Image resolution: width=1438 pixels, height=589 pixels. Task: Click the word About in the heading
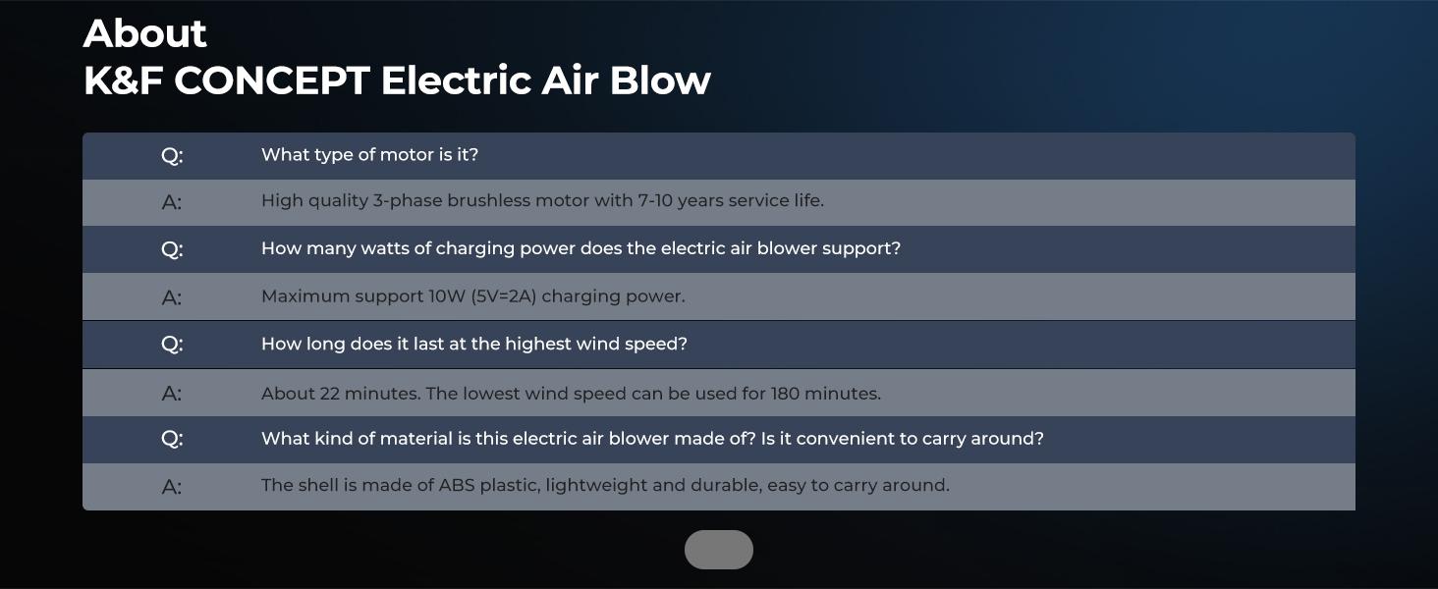point(145,33)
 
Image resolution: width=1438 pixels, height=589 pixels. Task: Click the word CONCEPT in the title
point(271,80)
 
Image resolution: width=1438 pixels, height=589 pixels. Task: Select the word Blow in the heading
point(660,80)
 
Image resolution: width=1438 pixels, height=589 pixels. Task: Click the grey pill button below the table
point(718,549)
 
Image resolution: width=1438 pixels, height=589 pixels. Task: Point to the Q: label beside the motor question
point(172,155)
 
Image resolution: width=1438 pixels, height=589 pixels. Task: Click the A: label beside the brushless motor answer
point(172,202)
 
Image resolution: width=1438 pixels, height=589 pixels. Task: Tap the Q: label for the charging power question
point(172,249)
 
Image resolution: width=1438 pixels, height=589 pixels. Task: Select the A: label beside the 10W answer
point(172,297)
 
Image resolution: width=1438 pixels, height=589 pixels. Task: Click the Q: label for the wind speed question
point(172,344)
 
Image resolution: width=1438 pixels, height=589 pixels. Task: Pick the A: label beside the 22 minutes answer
point(172,394)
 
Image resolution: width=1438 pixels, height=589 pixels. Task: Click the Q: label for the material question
point(172,438)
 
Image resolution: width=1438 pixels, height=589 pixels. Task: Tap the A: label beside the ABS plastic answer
point(172,487)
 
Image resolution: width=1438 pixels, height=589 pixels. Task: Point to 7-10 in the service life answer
point(655,201)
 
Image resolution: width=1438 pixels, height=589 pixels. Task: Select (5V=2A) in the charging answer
point(503,296)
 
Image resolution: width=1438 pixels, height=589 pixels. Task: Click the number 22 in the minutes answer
point(329,394)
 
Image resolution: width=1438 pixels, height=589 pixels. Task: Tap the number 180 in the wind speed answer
point(785,394)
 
